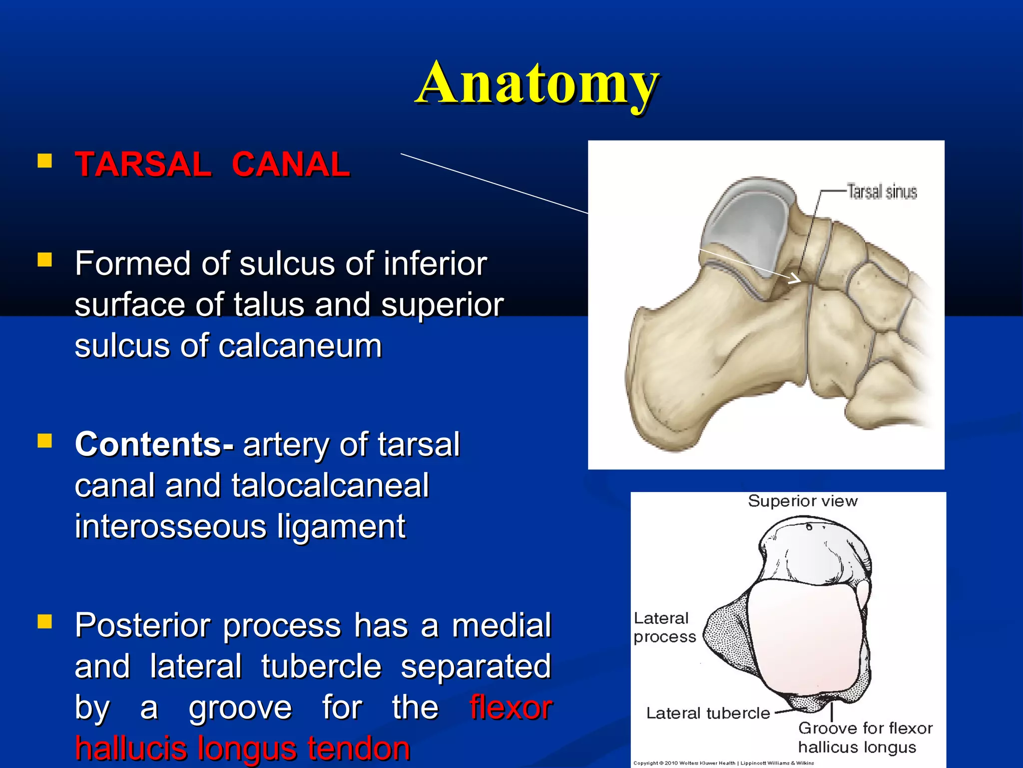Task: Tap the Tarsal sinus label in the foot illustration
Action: (882, 191)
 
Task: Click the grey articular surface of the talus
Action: (744, 225)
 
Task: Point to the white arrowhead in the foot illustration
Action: (794, 278)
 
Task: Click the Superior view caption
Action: (803, 501)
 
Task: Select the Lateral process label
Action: (664, 627)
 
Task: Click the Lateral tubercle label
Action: (708, 713)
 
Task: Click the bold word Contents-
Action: (154, 444)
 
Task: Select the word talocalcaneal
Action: (330, 485)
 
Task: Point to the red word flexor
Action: (511, 707)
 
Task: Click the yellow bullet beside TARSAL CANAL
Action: (45, 160)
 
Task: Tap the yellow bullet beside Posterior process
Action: (45, 621)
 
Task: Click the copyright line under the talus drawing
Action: (723, 763)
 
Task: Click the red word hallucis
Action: (133, 748)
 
